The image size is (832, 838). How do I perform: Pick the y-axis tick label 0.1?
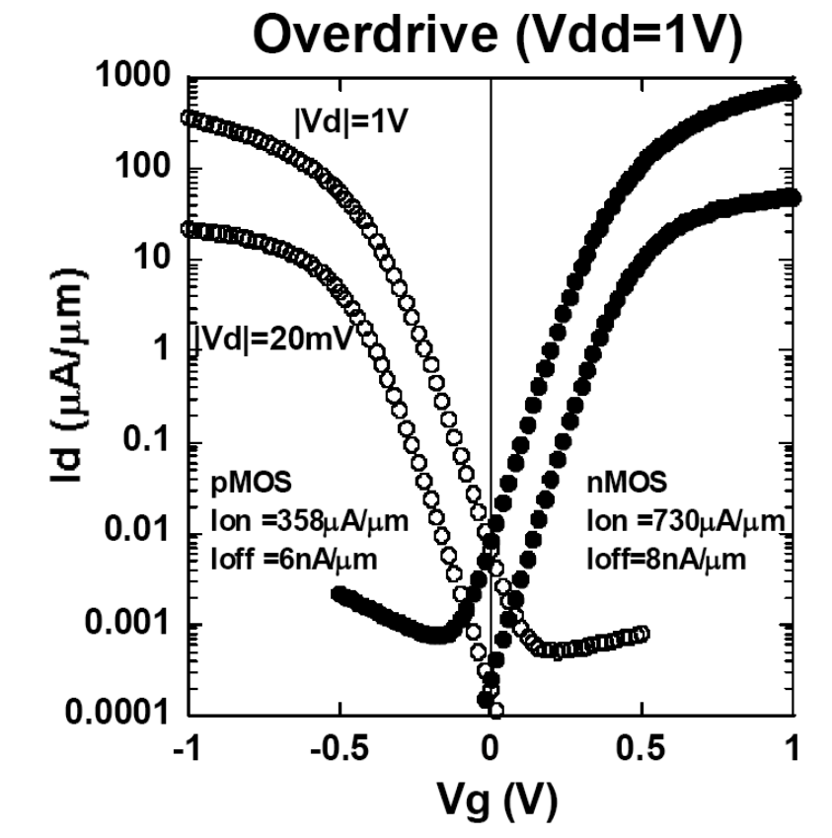click(x=151, y=444)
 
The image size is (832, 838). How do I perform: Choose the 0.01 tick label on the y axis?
click(x=141, y=535)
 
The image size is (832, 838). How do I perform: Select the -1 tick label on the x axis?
click(x=186, y=748)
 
